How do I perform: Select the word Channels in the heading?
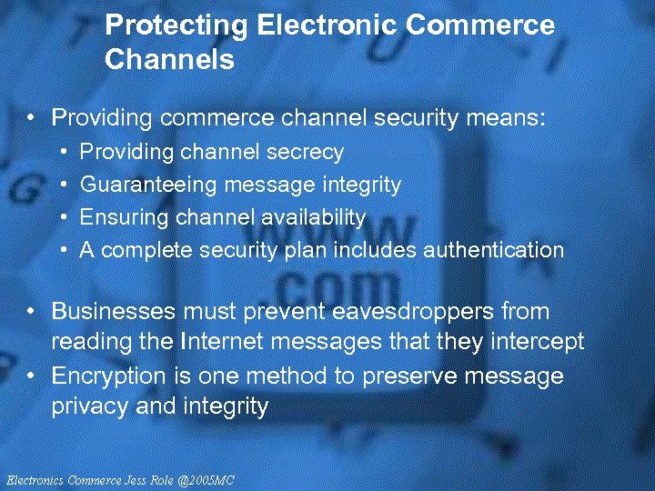tap(170, 61)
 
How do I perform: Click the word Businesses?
tap(114, 311)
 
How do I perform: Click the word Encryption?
tap(109, 376)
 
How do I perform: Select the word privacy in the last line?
tap(90, 406)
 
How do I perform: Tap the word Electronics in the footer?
tap(34, 479)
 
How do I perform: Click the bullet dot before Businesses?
tap(32, 312)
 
